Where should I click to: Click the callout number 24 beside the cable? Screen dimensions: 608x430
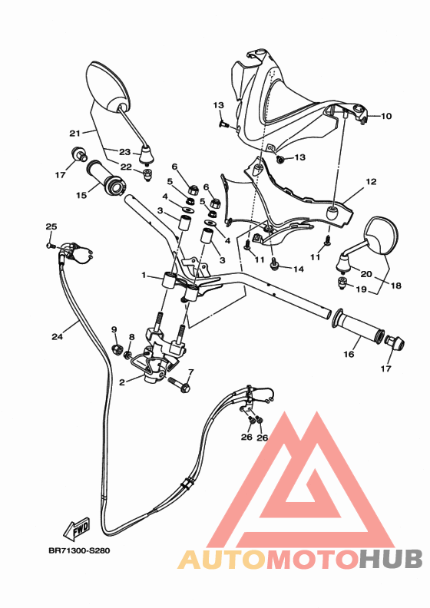click(58, 335)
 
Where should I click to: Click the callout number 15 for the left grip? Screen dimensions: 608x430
click(81, 195)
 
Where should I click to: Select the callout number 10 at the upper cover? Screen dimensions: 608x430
click(385, 117)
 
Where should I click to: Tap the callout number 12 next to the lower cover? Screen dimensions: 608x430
click(371, 182)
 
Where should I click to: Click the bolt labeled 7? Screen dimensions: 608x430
click(182, 384)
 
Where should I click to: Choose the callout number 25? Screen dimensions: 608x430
click(51, 226)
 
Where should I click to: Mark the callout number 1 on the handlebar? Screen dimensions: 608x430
click(143, 275)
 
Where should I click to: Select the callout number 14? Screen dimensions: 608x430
click(299, 269)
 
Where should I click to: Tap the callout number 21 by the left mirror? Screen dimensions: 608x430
click(74, 131)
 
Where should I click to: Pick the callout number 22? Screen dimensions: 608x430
click(125, 167)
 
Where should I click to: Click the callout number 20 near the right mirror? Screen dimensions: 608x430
click(366, 274)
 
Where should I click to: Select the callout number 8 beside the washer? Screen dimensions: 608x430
click(131, 337)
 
